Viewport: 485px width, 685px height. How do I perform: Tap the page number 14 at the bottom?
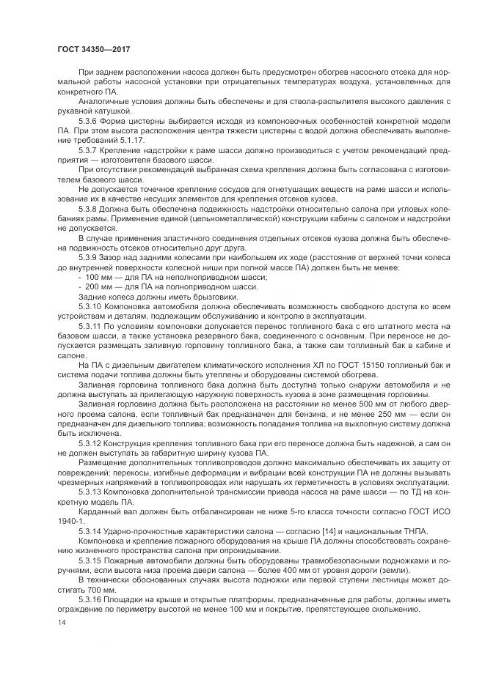pyautogui.click(x=61, y=622)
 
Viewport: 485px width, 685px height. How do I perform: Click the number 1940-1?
pyautogui.click(x=72, y=519)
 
